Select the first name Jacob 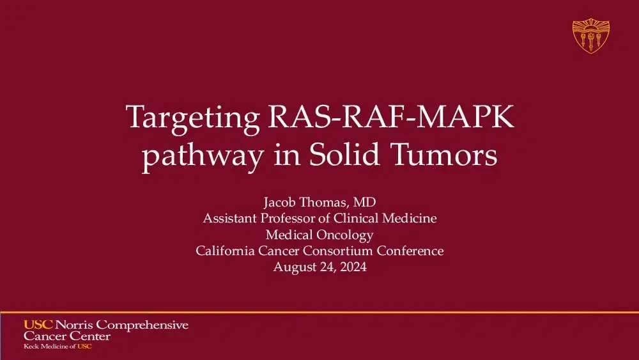[279, 203]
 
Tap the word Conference [413, 251]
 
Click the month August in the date [295, 267]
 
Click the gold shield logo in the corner [590, 35]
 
